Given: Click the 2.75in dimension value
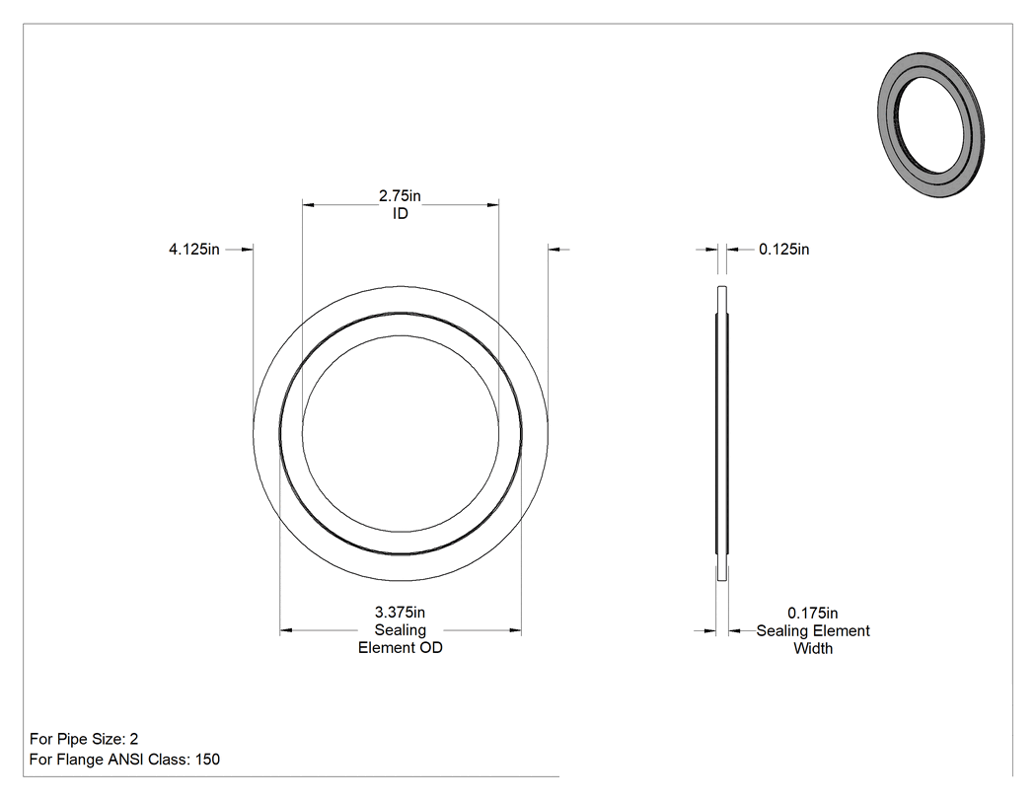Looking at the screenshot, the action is pyautogui.click(x=400, y=196).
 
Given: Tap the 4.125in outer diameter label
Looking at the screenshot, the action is pyautogui.click(x=194, y=250).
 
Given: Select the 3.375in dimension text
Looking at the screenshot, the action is pyautogui.click(x=400, y=613).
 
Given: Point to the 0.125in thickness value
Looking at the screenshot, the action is pyautogui.click(x=783, y=250).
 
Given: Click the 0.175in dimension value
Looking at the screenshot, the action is pyautogui.click(x=813, y=613).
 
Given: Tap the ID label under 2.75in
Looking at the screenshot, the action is pyautogui.click(x=401, y=214).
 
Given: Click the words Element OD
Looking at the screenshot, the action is pyautogui.click(x=401, y=648).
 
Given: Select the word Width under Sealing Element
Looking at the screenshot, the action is pyautogui.click(x=813, y=649).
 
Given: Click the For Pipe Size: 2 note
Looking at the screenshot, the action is pyautogui.click(x=84, y=739).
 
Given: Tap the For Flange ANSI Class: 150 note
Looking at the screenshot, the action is pyautogui.click(x=125, y=760).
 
